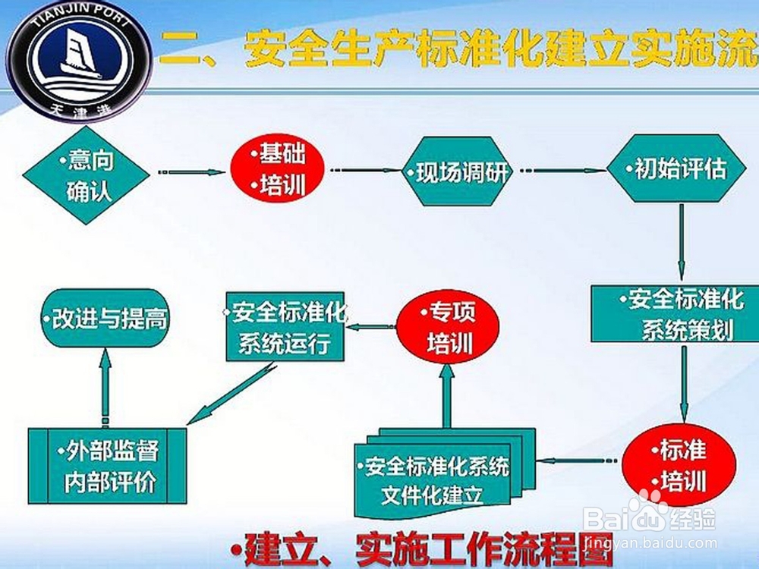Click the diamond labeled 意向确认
point(86,174)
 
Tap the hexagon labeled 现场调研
point(456,172)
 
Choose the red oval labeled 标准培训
point(679,465)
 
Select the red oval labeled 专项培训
point(449,329)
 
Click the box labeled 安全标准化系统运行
point(285,325)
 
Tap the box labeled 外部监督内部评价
point(107,465)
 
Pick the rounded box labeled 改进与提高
point(105,319)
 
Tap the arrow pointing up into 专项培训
point(447,398)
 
